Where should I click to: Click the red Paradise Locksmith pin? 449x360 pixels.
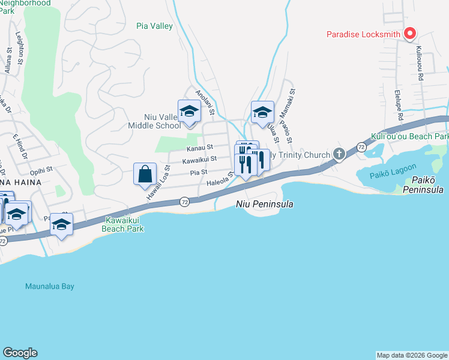point(410,34)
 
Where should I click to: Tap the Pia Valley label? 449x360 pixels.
point(154,26)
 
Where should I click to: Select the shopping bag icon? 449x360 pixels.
point(145,174)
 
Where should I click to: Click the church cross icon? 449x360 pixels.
point(339,155)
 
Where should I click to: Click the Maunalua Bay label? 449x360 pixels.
point(50,286)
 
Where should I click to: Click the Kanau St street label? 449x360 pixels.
point(199,147)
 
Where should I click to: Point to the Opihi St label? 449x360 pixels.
point(42,170)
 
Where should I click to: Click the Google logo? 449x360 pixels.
point(20,353)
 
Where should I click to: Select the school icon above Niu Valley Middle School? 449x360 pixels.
point(190,111)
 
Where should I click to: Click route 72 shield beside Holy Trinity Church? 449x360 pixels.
point(360,146)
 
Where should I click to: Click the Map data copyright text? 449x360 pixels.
point(412,355)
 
